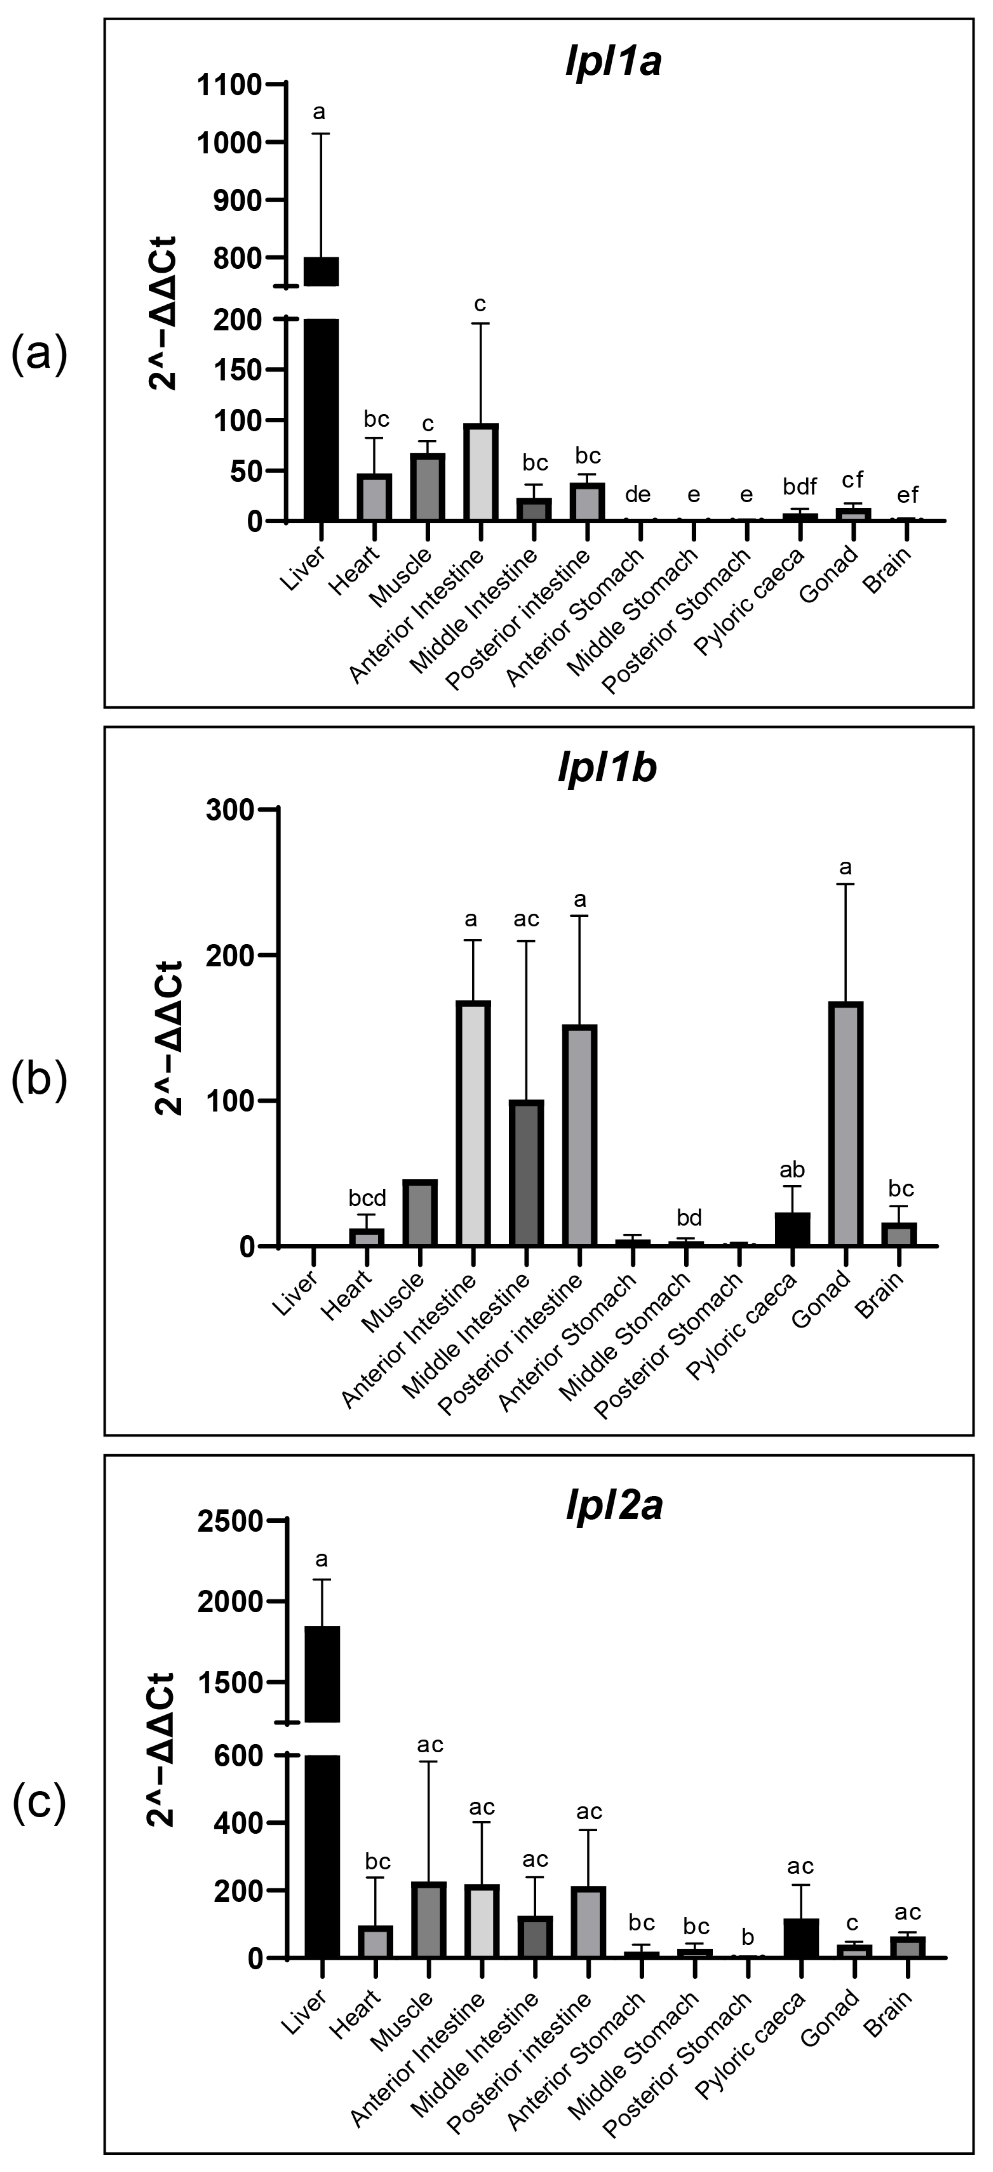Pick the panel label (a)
click(39, 354)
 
